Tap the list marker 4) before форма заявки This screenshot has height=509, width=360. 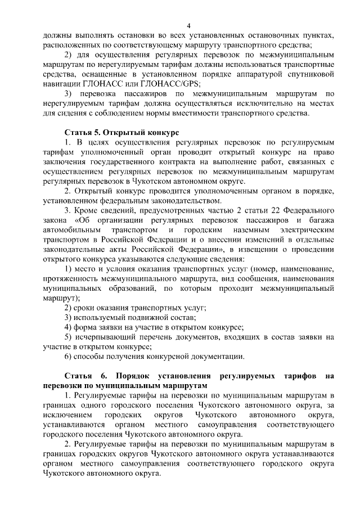pyautogui.click(x=69, y=327)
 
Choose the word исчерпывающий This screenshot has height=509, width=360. pyautogui.click(x=105, y=337)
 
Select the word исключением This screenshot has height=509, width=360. pyautogui.click(x=67, y=415)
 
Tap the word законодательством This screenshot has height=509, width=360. pyautogui.click(x=184, y=201)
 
